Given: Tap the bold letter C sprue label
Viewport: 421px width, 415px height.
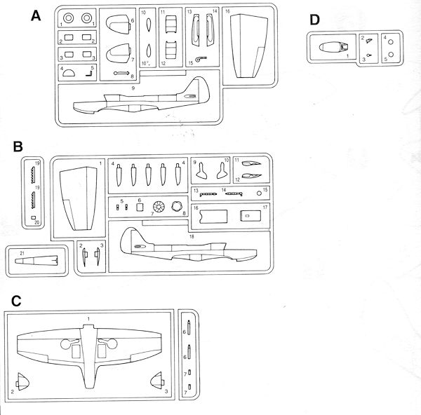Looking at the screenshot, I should (18, 301).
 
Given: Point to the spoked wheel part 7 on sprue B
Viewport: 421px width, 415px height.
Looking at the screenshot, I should (158, 207).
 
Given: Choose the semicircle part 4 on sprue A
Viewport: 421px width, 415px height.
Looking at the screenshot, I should (69, 70).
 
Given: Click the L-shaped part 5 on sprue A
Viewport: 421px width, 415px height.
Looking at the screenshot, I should (89, 70).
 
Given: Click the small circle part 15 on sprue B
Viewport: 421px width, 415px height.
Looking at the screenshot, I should (259, 191).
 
